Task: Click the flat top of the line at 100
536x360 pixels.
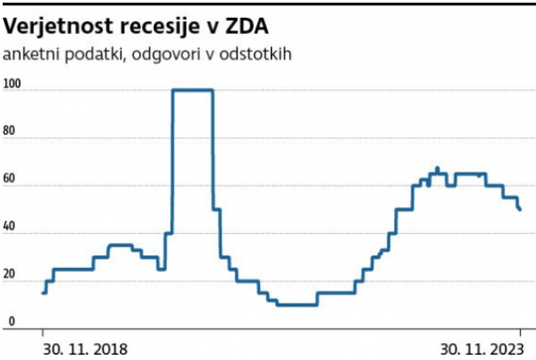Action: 192,89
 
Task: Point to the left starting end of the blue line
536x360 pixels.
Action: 43,292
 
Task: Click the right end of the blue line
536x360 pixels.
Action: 521,210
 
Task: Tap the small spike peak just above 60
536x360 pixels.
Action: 437,168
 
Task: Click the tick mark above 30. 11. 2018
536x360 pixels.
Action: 44,333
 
